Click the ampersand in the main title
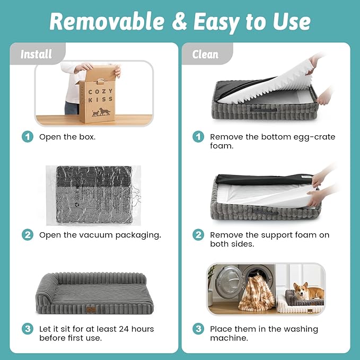point(179,21)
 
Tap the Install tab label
point(36,55)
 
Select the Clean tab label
point(205,55)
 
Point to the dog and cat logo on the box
point(101,112)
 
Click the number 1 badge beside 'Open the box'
point(28,137)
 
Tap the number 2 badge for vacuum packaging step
point(28,235)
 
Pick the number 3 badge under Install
point(28,329)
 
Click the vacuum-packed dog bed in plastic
point(94,195)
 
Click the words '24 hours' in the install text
point(136,329)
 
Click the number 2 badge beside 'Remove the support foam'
point(198,235)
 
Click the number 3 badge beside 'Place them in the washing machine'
point(198,329)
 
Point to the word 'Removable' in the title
point(107,21)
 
